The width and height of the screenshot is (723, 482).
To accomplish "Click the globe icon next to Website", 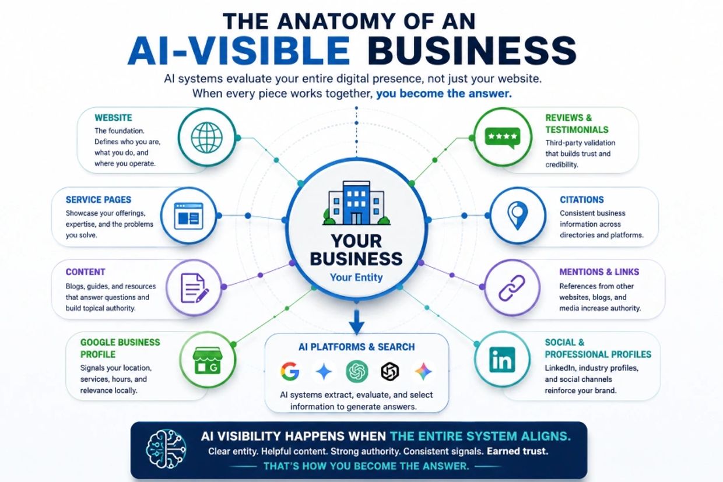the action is click(x=206, y=138).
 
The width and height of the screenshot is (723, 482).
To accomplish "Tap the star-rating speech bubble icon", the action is click(x=502, y=138).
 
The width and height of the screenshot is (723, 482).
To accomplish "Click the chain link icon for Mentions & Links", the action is click(x=512, y=288).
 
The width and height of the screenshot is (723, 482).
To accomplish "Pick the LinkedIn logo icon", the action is click(x=502, y=360).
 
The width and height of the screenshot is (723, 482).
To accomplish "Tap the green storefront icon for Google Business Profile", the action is click(x=207, y=360).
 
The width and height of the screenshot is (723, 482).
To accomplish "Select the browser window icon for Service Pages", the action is click(x=188, y=216).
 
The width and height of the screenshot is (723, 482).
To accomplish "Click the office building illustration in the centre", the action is click(x=356, y=203).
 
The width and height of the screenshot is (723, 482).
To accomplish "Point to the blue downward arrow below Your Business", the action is click(x=357, y=322).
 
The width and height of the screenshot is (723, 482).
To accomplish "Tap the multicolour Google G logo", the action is click(x=290, y=371).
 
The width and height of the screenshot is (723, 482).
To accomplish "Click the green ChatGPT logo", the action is click(x=357, y=371).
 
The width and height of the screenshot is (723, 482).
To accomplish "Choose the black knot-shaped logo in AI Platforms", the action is click(x=390, y=371).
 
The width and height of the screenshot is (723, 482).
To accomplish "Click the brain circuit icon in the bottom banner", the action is click(x=166, y=448).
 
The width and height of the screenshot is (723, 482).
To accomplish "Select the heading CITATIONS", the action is click(x=582, y=200).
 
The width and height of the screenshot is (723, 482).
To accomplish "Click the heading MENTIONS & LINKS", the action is click(x=599, y=272).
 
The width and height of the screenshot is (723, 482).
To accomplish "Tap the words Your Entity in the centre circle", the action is click(x=356, y=277).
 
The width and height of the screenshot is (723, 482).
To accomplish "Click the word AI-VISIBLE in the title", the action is click(x=239, y=51).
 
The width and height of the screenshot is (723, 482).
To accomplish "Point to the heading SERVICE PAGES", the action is click(x=99, y=200).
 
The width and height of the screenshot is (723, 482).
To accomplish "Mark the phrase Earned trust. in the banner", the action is click(x=517, y=451).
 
